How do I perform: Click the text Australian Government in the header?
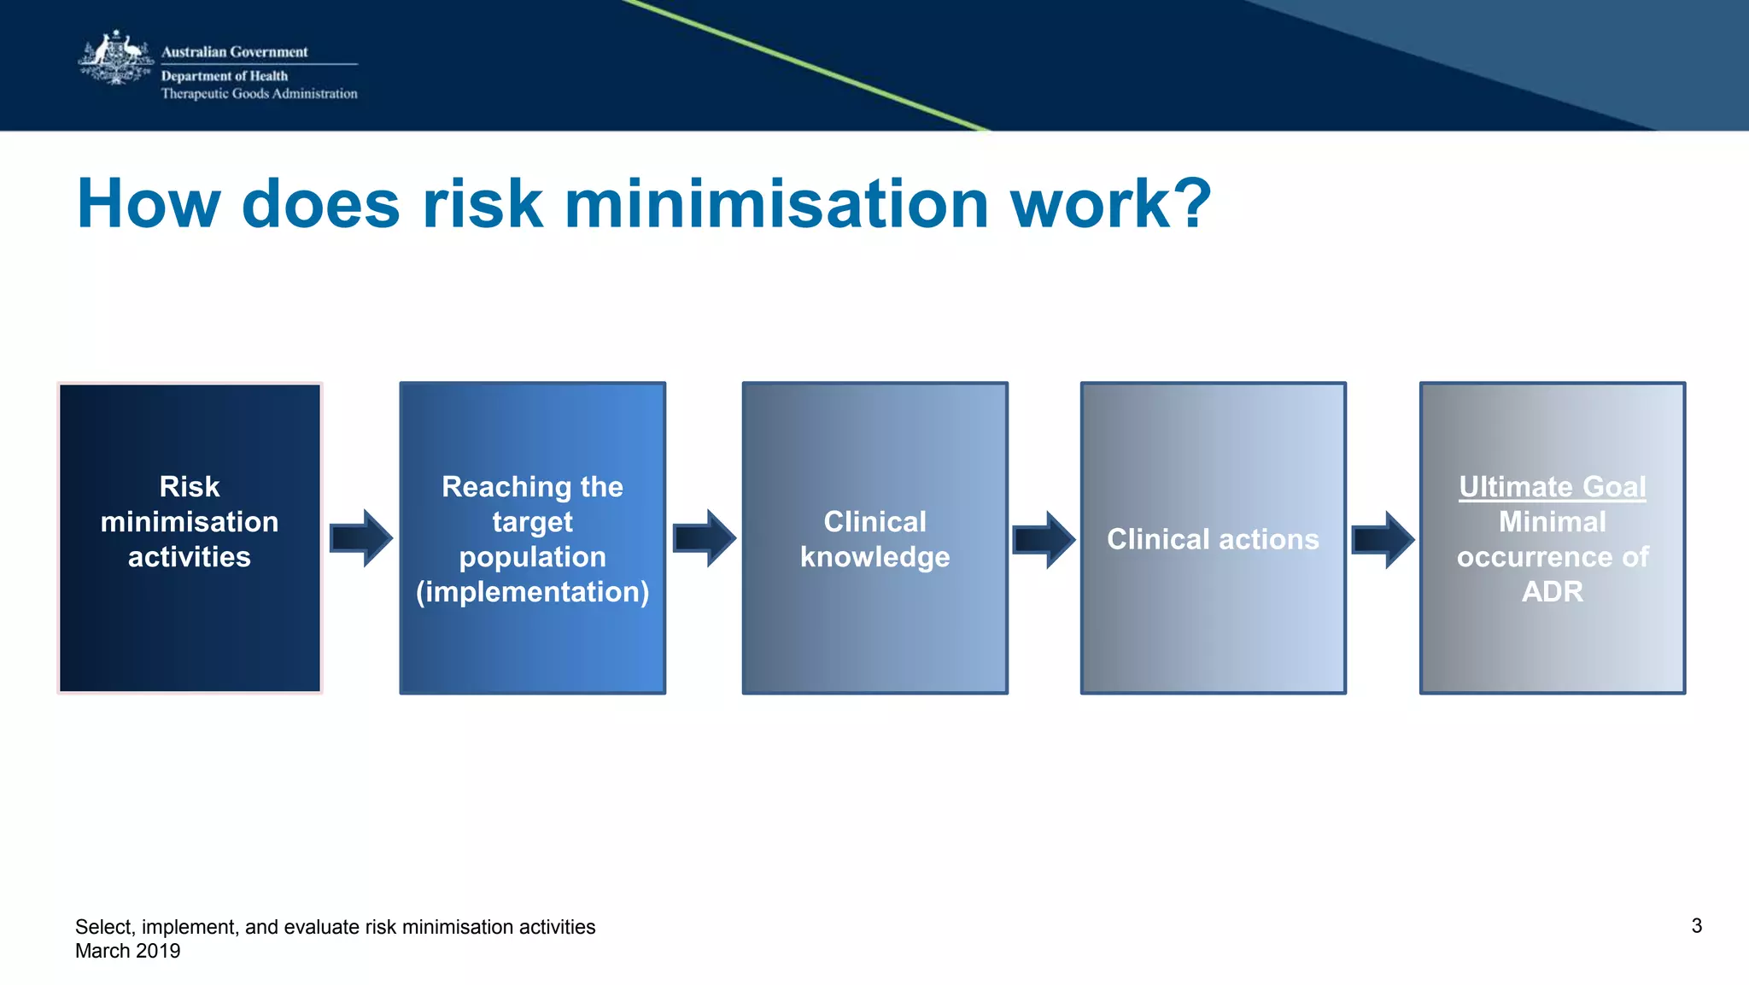234,52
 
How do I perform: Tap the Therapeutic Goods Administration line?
259,94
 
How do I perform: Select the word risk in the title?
483,204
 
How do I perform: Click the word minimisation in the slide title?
776,204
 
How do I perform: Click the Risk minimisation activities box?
190,538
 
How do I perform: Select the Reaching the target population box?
532,538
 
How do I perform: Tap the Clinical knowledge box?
874,538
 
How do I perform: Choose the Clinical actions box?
1213,538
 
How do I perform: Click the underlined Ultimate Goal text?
1552,487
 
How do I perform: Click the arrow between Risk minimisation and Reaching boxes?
360,538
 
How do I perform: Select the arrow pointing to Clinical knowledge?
704,538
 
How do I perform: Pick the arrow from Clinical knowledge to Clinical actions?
1043,540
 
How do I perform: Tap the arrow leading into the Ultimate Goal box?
1382,540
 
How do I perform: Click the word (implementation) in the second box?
532,592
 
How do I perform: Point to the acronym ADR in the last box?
1552,592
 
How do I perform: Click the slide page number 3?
1696,926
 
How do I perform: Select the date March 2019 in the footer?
128,951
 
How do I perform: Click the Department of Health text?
224,76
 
